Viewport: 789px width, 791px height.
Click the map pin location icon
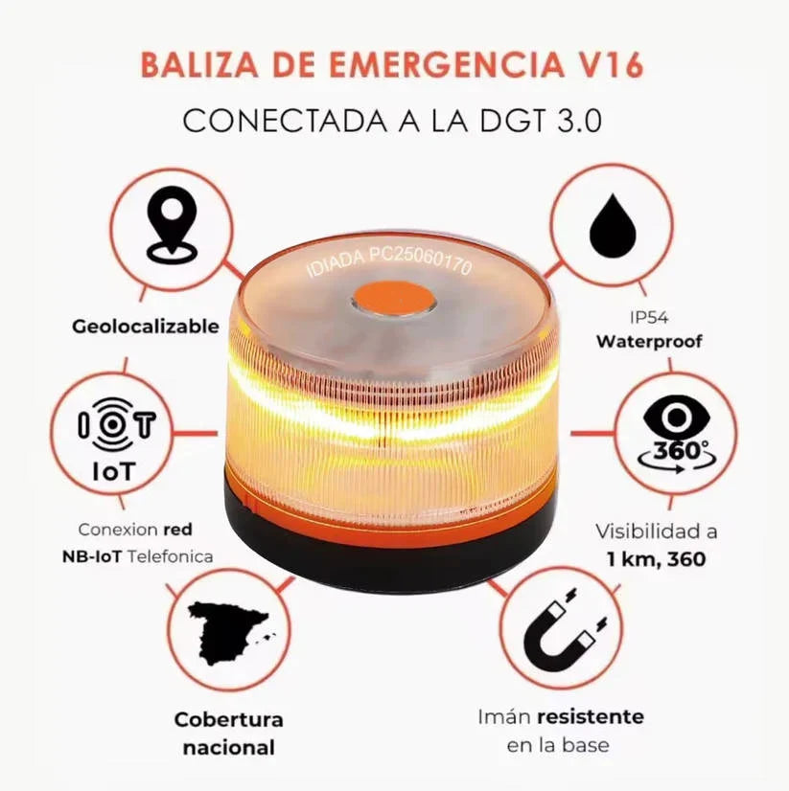point(171,226)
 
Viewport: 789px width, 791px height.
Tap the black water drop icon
point(613,228)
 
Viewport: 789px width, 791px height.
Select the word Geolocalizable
point(146,327)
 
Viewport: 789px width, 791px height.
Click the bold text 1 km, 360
point(657,558)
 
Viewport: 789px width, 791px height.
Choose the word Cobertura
point(228,719)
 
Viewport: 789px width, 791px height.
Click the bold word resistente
point(590,717)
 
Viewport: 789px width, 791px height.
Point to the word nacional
point(228,747)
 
